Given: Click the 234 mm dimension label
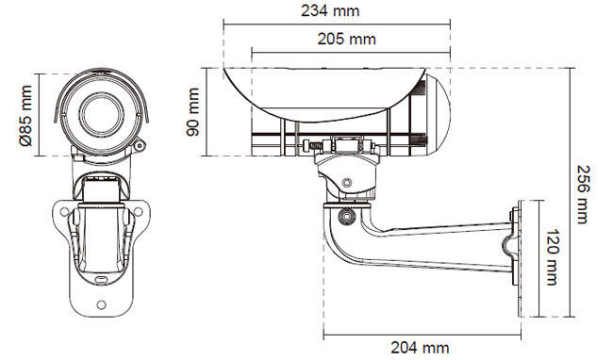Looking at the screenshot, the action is click(x=330, y=11).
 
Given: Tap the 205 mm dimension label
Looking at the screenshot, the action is click(x=346, y=39).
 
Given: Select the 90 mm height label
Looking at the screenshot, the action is click(x=193, y=112).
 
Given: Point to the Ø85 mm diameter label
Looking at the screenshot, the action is click(x=25, y=116).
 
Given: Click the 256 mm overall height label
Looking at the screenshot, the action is click(x=583, y=194).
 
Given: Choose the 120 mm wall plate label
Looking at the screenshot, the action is click(x=552, y=257).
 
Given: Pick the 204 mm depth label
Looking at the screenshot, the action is click(x=420, y=348).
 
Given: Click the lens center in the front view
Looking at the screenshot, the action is click(x=101, y=114).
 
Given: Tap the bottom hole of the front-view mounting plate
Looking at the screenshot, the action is click(x=101, y=304).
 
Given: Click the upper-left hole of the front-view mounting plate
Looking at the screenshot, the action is click(x=64, y=212).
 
